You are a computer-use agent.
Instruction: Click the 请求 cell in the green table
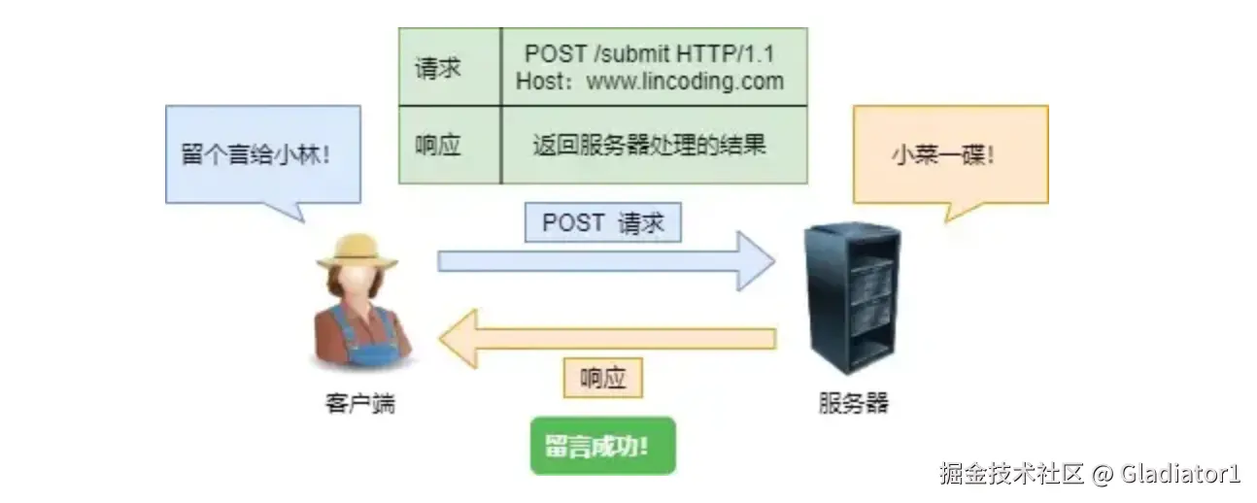(438, 68)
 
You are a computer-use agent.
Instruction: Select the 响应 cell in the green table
(438, 145)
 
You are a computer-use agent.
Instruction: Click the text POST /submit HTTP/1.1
(651, 54)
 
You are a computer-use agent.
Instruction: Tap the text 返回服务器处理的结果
(651, 145)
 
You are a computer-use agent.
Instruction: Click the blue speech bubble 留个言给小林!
(262, 154)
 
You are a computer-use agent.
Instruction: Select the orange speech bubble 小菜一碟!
(949, 154)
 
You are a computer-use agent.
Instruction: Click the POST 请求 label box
(603, 222)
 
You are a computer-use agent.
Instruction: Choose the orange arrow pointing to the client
(607, 339)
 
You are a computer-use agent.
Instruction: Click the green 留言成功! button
(602, 446)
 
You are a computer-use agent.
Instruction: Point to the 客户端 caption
(360, 404)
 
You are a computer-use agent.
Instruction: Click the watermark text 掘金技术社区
(1010, 474)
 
